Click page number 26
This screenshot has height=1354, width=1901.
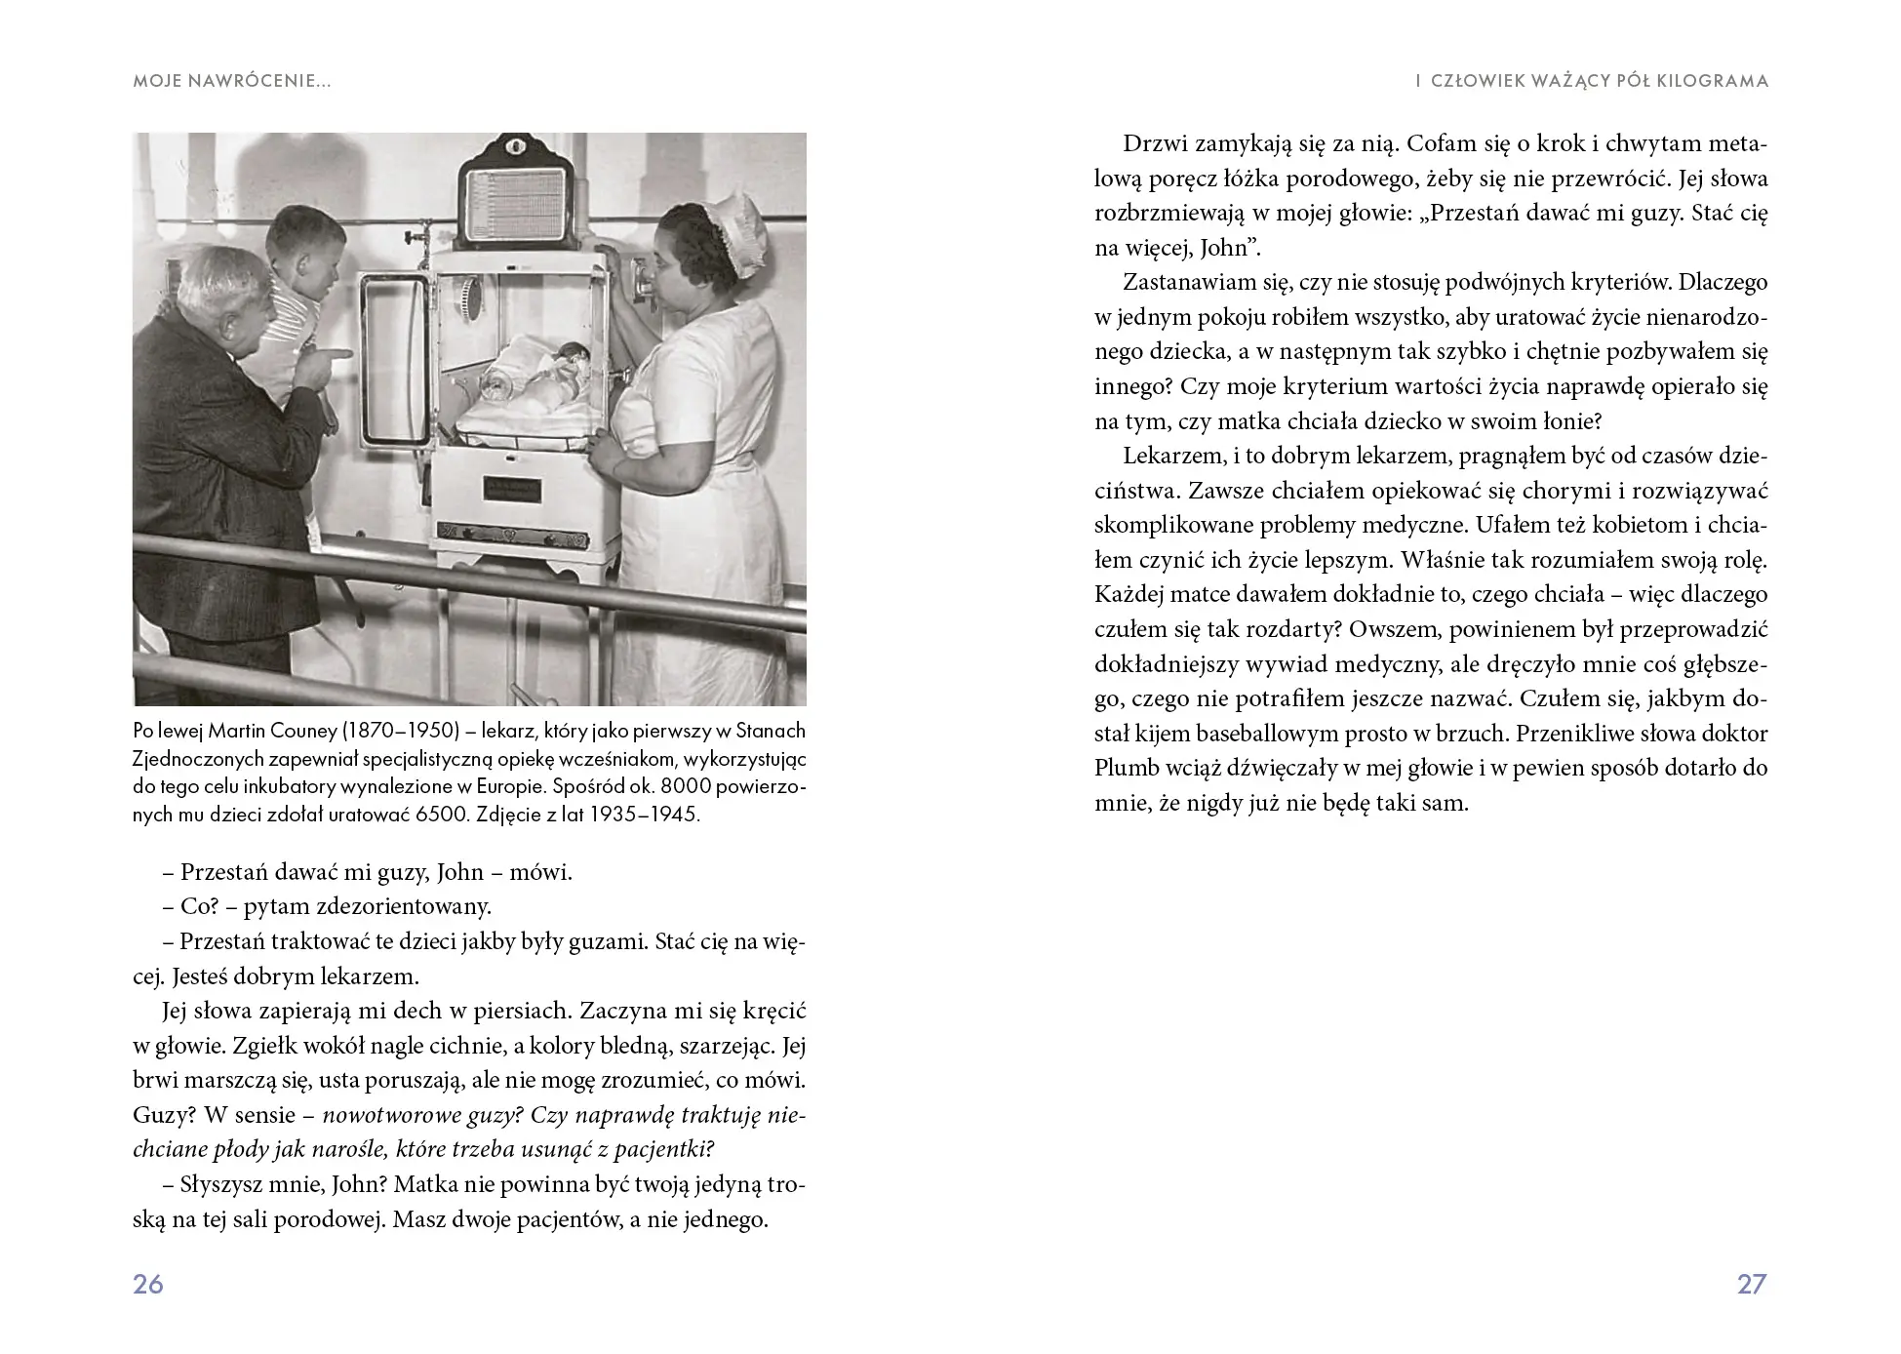[x=148, y=1284]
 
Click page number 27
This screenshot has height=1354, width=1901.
[x=1752, y=1284]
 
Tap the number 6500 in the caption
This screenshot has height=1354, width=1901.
[x=440, y=815]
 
